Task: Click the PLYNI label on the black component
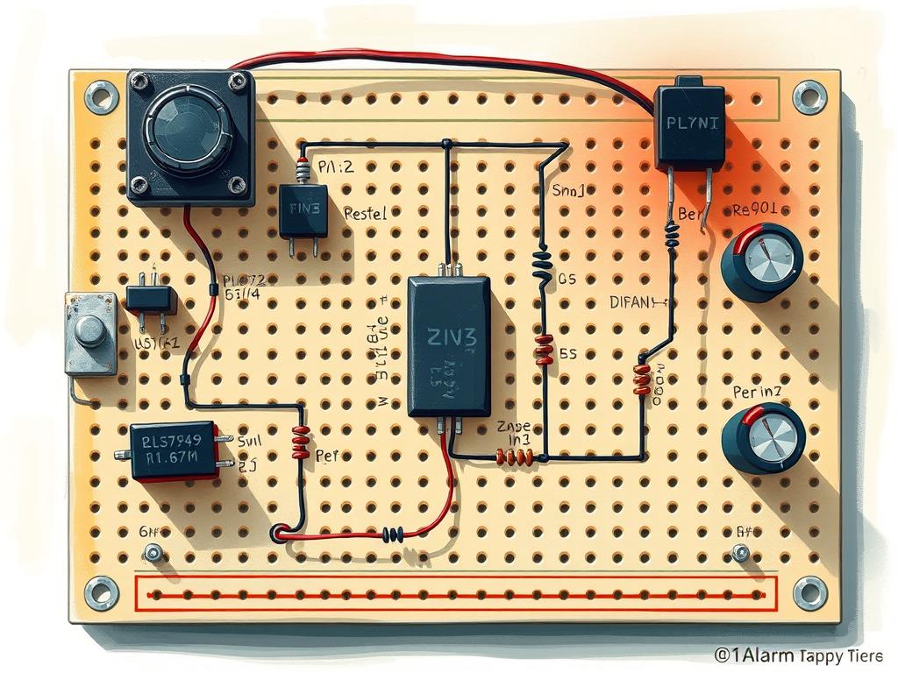pos(691,124)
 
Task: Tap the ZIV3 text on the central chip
pos(450,336)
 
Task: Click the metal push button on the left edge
pos(90,332)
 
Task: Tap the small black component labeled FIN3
pos(303,210)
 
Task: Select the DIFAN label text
pos(636,303)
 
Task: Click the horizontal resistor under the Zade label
pos(516,457)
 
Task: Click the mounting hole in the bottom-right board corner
pos(809,592)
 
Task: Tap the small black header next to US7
pos(151,297)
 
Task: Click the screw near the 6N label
pos(153,553)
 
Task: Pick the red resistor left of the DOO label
pos(642,379)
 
